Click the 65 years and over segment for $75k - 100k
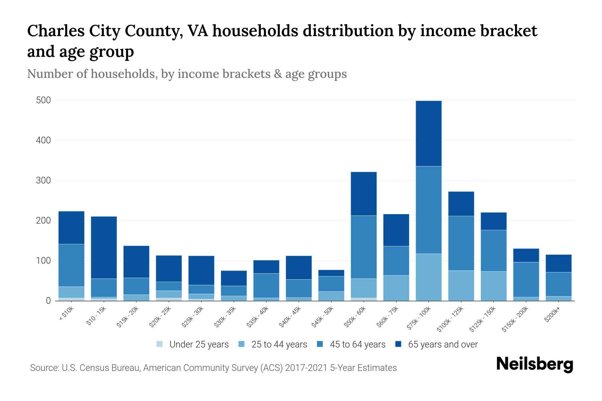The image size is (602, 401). point(428,133)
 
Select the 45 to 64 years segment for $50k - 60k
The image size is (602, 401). point(364,247)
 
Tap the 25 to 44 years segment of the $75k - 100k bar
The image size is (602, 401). point(428,277)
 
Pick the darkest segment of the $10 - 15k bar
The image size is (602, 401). point(104,247)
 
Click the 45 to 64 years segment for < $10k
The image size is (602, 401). point(71,265)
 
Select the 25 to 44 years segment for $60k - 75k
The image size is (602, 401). point(396,288)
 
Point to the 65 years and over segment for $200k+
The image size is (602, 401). point(559,263)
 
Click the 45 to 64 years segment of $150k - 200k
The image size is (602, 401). point(526,279)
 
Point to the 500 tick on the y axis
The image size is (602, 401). point(43,100)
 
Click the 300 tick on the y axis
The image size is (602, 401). point(43,180)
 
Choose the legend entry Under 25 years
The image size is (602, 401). point(199,345)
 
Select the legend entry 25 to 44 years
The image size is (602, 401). point(279,345)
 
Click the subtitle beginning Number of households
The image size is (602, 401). point(187,74)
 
